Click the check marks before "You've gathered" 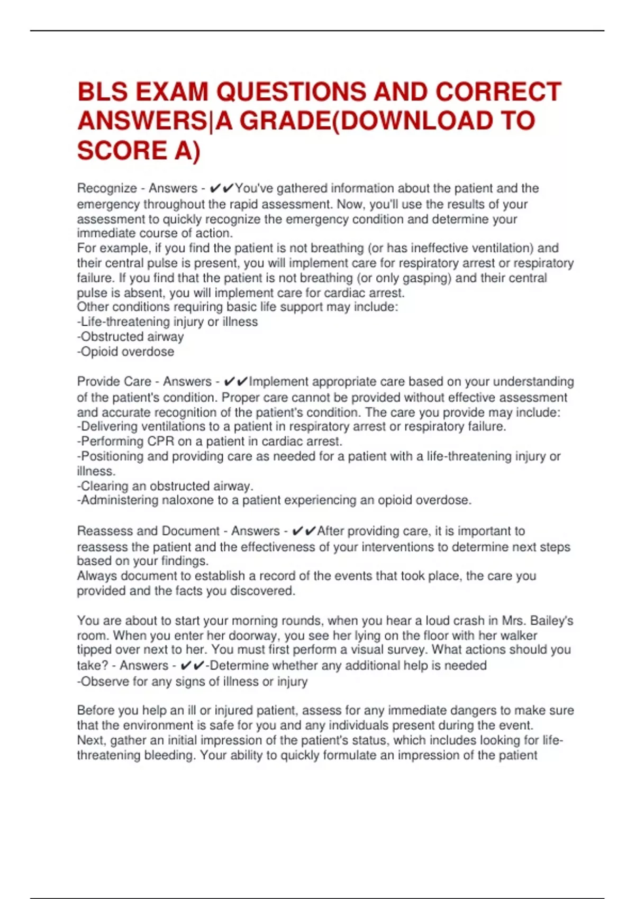222,189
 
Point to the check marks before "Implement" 236,382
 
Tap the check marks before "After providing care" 304,531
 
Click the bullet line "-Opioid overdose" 126,352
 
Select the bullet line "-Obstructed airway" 131,337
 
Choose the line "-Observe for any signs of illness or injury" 192,682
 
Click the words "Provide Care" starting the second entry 114,382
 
